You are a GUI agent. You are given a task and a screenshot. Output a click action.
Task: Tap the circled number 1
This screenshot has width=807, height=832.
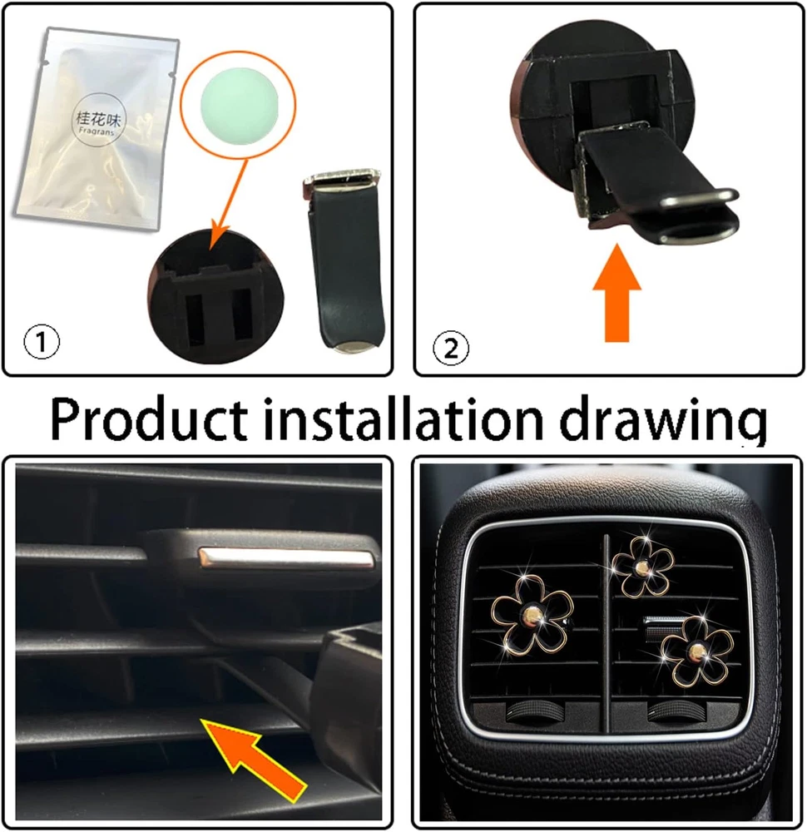(42, 341)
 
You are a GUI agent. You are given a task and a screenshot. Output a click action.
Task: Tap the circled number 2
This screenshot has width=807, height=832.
(451, 349)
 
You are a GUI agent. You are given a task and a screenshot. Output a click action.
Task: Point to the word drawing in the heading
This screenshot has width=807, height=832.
(663, 421)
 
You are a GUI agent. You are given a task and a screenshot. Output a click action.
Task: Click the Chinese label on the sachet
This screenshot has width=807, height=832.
(99, 118)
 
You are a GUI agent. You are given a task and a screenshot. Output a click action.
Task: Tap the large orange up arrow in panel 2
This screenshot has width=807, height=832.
(616, 292)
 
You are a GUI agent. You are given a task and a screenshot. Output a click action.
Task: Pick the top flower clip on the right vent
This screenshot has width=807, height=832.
(642, 567)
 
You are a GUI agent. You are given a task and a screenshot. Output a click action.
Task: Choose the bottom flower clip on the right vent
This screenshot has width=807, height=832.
(696, 650)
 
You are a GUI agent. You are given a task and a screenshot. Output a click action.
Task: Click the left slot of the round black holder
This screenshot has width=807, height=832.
(194, 316)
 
